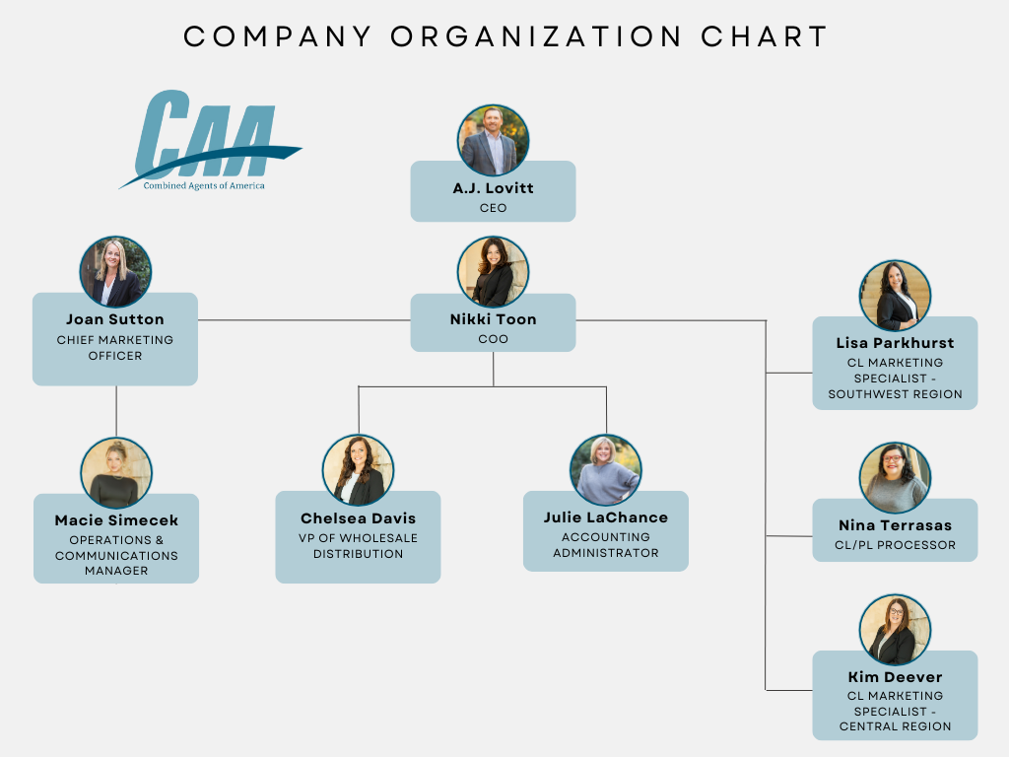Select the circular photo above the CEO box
493,141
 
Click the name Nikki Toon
493,319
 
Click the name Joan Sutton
115,319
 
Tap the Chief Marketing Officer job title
115,348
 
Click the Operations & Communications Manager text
116,555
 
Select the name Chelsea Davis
359,518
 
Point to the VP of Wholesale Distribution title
359,546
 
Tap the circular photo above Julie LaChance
606,470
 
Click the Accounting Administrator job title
606,545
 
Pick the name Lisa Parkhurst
895,343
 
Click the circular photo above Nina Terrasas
895,478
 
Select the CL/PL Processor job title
895,545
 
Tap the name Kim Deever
895,677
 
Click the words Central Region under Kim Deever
895,726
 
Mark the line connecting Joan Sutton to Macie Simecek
116,411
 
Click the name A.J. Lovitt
493,188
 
